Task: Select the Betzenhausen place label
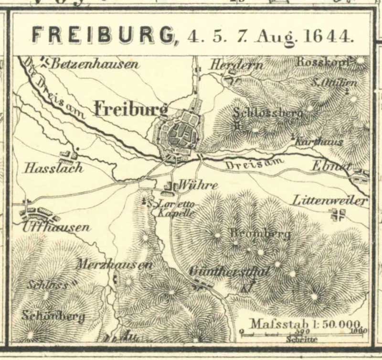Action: coord(95,64)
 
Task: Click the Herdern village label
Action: coord(230,64)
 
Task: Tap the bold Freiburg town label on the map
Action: coord(131,109)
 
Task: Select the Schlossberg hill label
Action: coord(268,113)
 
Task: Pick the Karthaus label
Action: coord(312,142)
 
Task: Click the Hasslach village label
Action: coord(53,168)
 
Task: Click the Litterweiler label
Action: coord(331,200)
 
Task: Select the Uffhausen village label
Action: coord(55,227)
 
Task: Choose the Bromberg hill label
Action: coord(260,233)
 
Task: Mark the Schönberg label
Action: coord(53,316)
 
